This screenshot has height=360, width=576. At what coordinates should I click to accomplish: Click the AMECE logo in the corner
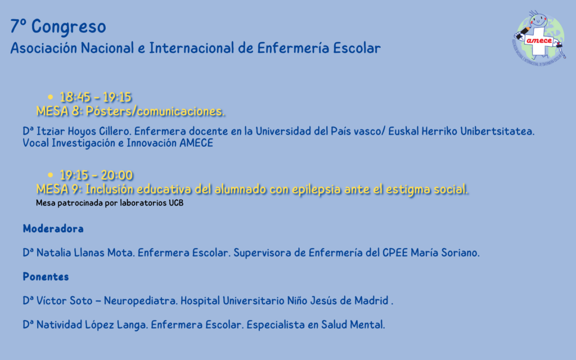click(539, 38)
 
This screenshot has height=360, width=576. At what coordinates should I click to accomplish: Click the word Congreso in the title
click(69, 27)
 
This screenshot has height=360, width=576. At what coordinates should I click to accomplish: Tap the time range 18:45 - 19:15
click(96, 97)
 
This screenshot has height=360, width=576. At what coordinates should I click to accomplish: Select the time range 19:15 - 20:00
click(96, 175)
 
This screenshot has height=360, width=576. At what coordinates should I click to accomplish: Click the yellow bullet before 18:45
click(50, 97)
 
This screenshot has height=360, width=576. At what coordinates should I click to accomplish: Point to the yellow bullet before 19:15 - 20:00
click(50, 175)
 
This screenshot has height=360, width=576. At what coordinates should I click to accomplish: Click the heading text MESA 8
click(59, 111)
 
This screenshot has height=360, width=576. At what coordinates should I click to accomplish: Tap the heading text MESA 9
click(59, 189)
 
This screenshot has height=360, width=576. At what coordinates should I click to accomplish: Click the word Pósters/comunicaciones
click(155, 111)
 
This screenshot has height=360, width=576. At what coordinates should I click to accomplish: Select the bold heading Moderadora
click(53, 229)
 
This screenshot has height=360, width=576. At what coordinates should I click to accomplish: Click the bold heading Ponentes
click(46, 277)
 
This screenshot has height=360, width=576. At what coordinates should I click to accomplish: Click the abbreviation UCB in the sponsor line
click(176, 202)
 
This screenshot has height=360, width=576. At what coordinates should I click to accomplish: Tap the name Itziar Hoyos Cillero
click(84, 132)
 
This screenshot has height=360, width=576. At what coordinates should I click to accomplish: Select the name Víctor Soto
click(64, 300)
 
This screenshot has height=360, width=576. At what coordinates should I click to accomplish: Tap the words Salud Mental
click(353, 325)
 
